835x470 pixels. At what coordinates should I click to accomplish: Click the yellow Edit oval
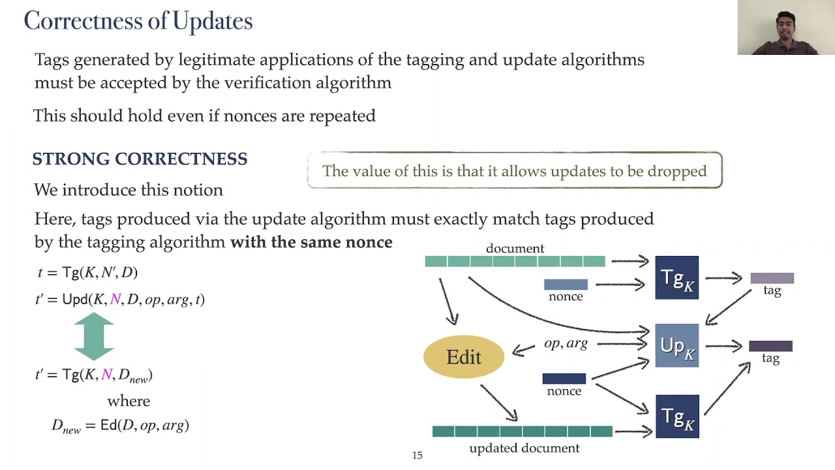point(464,356)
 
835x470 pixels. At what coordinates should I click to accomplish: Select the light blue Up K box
point(676,345)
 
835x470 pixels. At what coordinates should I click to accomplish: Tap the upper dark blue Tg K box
point(676,277)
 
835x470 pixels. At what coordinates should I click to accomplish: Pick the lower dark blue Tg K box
point(676,416)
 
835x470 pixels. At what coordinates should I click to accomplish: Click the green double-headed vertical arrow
point(94,336)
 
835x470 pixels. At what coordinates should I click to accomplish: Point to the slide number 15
point(417,456)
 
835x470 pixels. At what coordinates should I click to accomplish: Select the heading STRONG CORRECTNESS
point(140,159)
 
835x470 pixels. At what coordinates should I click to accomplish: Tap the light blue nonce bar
point(566,284)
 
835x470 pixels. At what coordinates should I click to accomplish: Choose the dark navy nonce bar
point(564,379)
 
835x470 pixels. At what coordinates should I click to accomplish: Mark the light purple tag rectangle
point(772,278)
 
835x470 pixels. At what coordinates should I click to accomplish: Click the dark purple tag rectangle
point(770,346)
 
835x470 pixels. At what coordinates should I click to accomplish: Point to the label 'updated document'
point(524,448)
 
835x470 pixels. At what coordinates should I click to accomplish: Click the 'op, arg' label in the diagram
point(566,343)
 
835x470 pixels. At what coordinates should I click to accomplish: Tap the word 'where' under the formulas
point(129,401)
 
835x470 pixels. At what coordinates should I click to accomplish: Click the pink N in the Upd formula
point(115,299)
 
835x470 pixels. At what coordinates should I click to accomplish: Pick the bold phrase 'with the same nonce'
point(311,242)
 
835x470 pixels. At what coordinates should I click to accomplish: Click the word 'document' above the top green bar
point(515,248)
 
